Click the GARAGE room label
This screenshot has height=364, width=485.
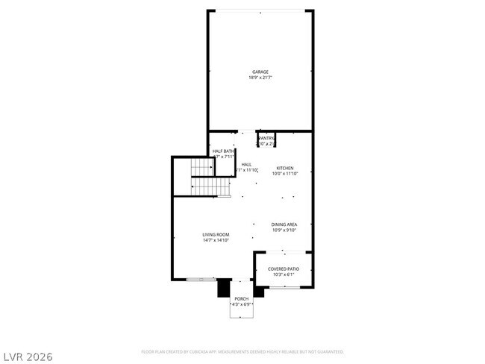[x=260, y=72]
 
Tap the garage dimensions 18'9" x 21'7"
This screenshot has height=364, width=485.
[x=260, y=78]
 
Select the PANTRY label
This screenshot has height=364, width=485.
[x=266, y=138]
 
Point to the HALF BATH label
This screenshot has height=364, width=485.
[x=223, y=151]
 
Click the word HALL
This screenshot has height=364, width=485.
[x=246, y=164]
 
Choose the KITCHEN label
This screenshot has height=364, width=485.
[x=285, y=168]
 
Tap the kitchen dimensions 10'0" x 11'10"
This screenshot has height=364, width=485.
[x=285, y=174]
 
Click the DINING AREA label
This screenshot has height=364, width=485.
[x=284, y=224]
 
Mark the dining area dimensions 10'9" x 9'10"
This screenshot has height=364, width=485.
[x=284, y=230]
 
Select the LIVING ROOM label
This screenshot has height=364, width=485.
[x=215, y=234]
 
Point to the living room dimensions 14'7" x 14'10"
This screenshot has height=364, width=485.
[x=215, y=240]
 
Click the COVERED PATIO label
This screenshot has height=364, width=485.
[x=284, y=269]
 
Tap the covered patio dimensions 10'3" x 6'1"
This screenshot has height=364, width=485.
[x=284, y=274]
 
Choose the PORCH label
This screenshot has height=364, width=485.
[x=242, y=298]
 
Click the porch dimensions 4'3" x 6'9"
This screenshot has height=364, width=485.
[x=242, y=304]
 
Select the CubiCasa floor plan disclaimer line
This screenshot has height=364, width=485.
[x=242, y=351]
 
